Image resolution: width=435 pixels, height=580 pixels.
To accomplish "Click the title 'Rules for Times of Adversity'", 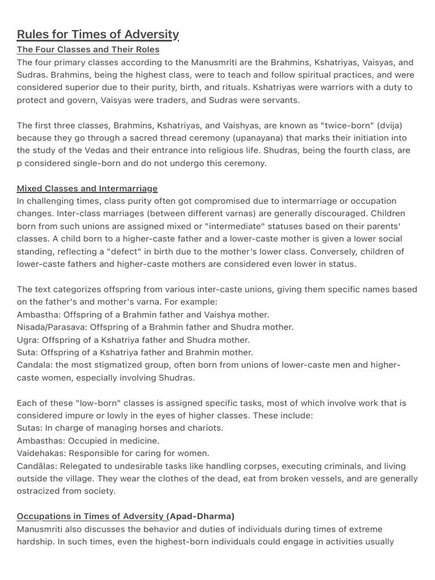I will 97,35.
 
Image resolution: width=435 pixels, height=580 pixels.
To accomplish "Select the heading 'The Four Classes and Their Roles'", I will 88,50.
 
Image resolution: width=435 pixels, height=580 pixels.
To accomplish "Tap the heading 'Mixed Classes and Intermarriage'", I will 87,188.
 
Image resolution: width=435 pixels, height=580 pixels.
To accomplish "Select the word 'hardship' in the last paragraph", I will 35,541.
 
